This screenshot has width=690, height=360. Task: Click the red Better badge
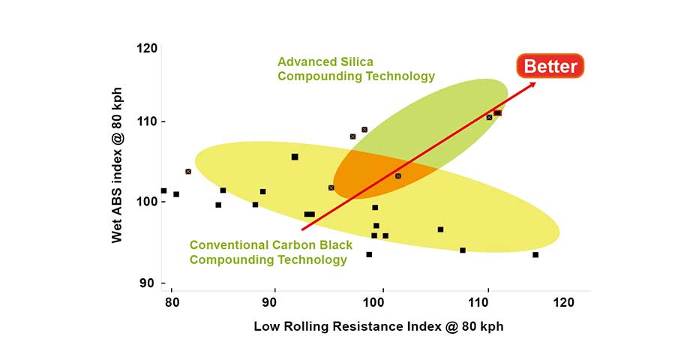(550, 66)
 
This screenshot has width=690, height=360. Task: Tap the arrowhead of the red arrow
(533, 84)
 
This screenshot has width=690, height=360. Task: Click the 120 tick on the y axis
(148, 48)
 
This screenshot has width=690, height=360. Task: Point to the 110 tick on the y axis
(148, 121)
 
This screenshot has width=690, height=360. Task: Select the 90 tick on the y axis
(148, 283)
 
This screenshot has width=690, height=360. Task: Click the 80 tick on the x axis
(172, 302)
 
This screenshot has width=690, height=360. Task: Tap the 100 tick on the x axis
(373, 302)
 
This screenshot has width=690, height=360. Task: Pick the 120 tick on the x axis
(563, 302)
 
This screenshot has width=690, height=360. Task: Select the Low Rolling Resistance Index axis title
(378, 326)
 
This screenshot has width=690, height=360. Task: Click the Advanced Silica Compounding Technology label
(355, 69)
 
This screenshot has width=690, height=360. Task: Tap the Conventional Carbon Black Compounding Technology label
(268, 252)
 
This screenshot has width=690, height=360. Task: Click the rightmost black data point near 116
(535, 255)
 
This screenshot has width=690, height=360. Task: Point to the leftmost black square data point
(163, 190)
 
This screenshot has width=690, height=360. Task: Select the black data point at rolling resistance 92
(295, 157)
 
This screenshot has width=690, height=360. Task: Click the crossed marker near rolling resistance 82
(188, 172)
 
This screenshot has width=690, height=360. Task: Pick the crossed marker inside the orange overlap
(398, 176)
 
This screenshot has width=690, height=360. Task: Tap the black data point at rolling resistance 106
(440, 229)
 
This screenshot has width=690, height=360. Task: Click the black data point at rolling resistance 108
(463, 250)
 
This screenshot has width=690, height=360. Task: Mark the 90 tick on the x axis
(274, 302)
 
